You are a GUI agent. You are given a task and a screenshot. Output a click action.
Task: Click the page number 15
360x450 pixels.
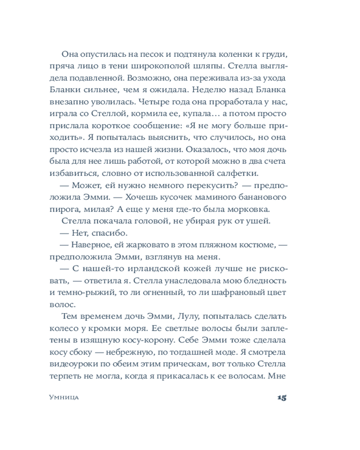coord(282,397)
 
